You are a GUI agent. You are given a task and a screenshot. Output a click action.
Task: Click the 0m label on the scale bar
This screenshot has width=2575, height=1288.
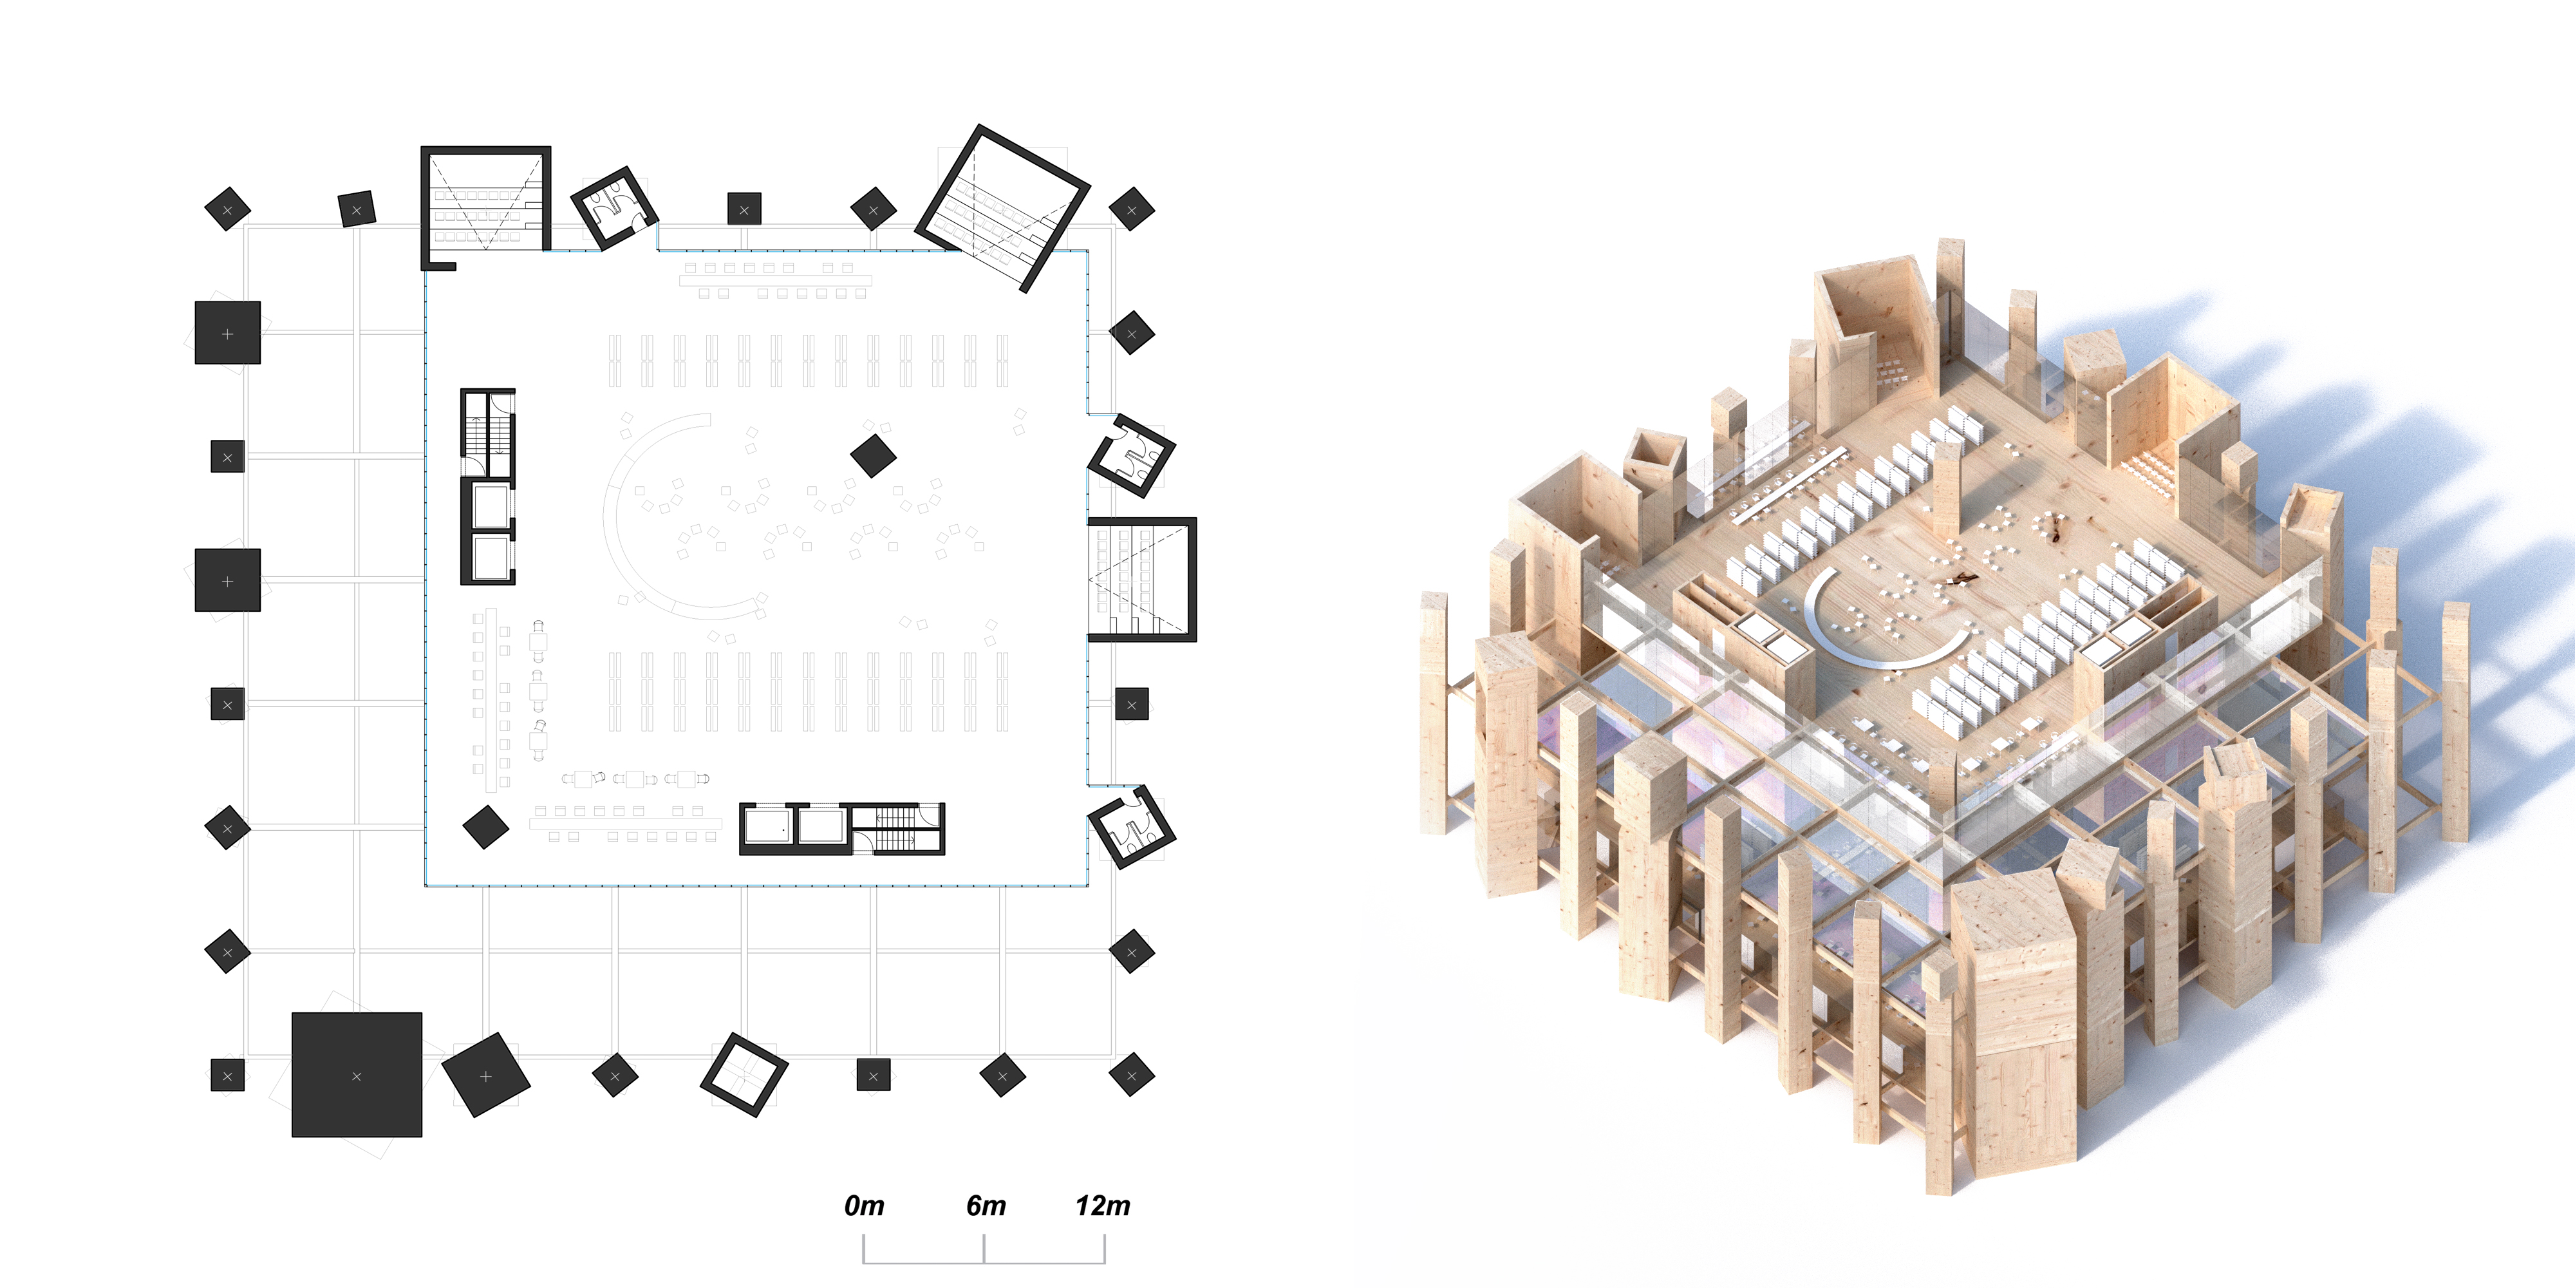pyautogui.click(x=864, y=1206)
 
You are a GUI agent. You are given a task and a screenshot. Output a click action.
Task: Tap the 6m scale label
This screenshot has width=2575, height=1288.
pyautogui.click(x=986, y=1206)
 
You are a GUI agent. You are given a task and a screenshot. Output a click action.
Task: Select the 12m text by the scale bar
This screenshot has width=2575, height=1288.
pyautogui.click(x=1103, y=1206)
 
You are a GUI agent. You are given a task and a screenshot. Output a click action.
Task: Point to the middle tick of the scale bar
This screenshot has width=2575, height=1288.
pyautogui.click(x=985, y=1249)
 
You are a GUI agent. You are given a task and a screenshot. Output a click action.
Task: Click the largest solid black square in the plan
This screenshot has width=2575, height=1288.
pyautogui.click(x=357, y=1075)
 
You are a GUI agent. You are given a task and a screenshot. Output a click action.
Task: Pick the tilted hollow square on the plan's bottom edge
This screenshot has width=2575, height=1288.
pyautogui.click(x=744, y=1075)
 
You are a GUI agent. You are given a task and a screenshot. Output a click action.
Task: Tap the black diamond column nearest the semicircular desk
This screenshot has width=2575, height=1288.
pyautogui.click(x=873, y=456)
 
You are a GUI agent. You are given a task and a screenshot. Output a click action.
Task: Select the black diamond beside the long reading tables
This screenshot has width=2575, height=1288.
pyautogui.click(x=486, y=827)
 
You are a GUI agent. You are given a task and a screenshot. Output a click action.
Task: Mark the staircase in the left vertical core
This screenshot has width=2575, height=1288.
pyautogui.click(x=489, y=432)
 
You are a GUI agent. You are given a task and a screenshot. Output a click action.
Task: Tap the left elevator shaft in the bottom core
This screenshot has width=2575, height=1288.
pyautogui.click(x=768, y=828)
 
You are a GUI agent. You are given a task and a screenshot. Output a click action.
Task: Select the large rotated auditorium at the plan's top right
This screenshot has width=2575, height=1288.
pyautogui.click(x=1002, y=208)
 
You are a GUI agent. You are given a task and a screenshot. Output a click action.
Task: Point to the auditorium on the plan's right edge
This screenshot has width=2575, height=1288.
pyautogui.click(x=1141, y=579)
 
